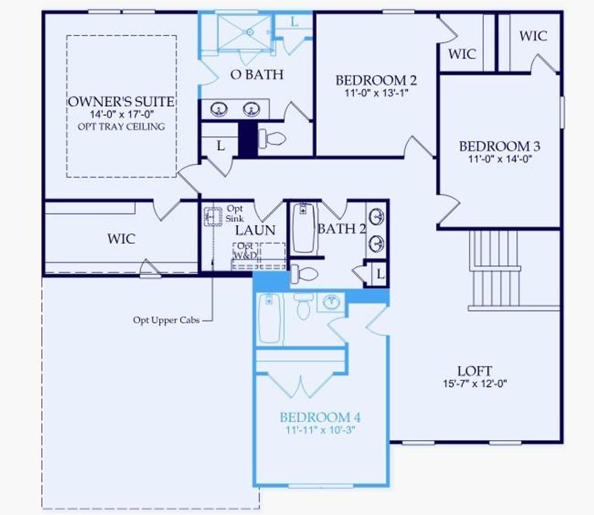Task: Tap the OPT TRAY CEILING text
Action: point(121,127)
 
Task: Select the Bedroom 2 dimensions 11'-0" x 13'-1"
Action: point(376,92)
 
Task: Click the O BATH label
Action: point(257,74)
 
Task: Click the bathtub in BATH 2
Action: point(304,228)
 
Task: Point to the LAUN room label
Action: point(255,230)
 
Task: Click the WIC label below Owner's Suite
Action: point(121,239)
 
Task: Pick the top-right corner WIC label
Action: point(533,36)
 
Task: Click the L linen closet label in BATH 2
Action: point(380,273)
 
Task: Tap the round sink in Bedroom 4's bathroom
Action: point(331,302)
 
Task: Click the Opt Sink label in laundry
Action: point(234,213)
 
